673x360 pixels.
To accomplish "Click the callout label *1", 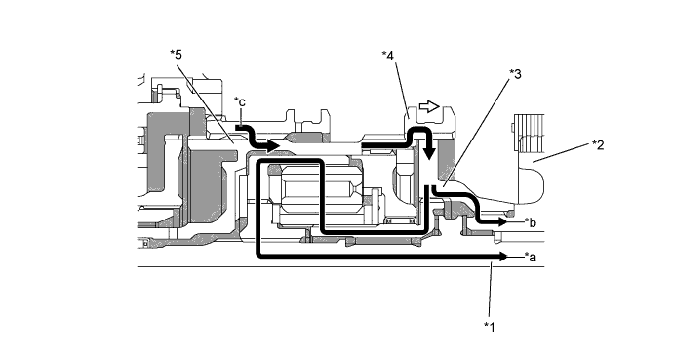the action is click(490, 327).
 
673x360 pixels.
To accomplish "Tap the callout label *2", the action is click(598, 145).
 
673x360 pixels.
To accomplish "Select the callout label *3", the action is click(515, 74).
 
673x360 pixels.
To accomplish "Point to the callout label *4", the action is click(387, 56).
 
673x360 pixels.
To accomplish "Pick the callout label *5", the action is click(176, 55).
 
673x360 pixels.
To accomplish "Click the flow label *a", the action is click(530, 257).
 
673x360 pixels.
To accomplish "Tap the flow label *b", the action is click(530, 222).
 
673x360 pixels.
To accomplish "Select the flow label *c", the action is click(240, 102).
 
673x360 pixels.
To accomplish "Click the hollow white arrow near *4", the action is click(429, 106).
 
